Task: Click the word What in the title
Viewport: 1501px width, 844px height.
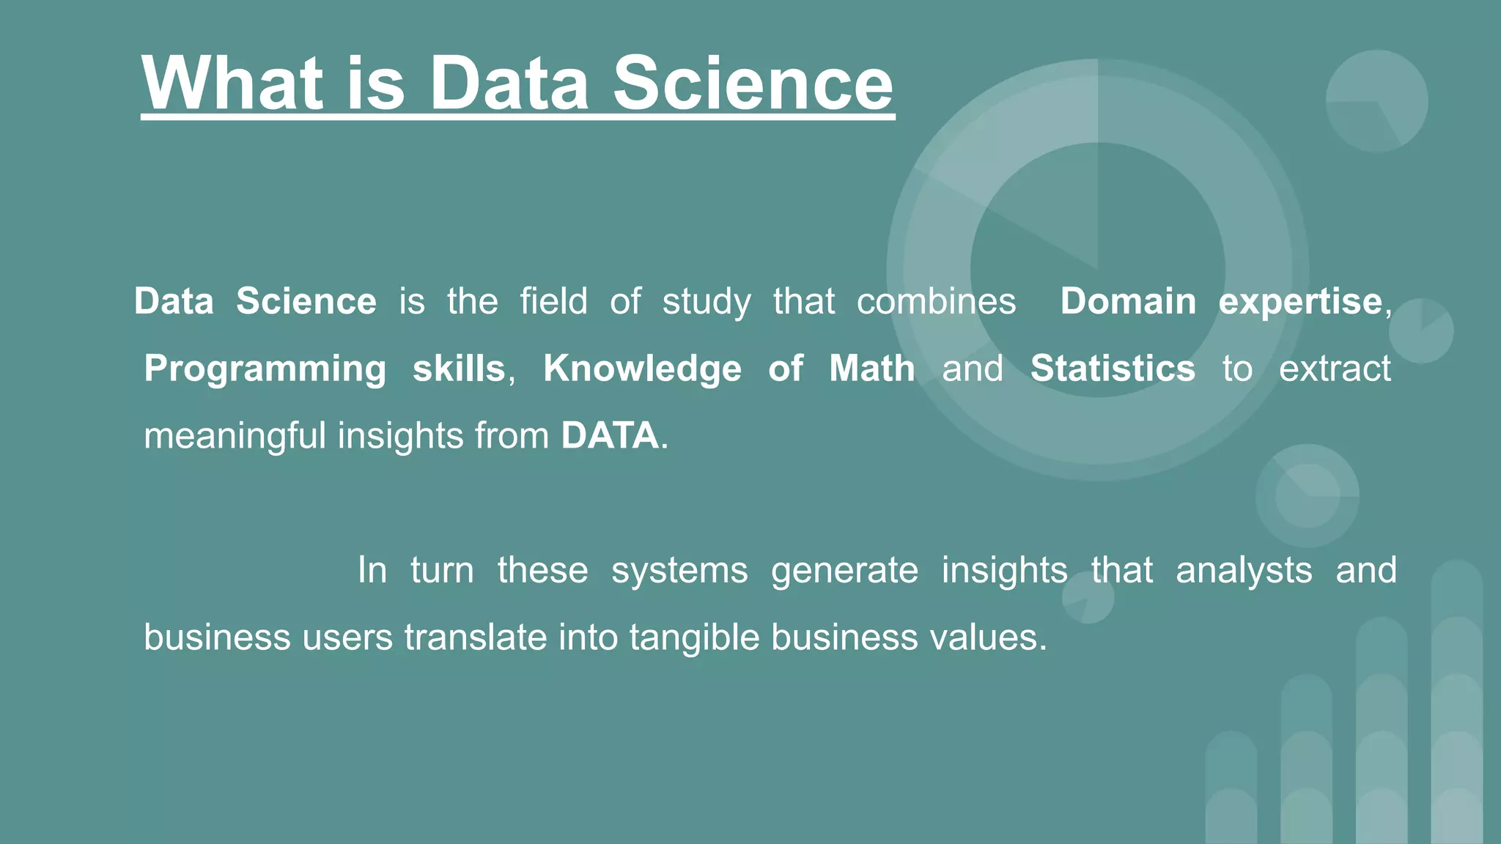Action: (232, 83)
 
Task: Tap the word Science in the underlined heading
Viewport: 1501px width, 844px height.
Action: (753, 83)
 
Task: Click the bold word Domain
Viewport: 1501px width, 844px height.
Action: (1128, 301)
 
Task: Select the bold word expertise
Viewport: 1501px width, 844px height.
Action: (1300, 301)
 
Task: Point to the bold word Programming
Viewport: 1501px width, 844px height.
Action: (265, 369)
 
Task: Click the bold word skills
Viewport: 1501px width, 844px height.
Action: (459, 369)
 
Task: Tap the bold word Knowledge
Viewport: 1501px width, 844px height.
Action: (642, 369)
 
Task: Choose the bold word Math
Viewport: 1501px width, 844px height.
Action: (871, 369)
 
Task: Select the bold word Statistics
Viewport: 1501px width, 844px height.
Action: (1113, 369)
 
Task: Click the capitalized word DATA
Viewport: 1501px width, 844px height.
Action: (610, 436)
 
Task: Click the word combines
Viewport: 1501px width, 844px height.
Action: (936, 301)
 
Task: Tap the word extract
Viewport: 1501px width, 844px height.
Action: (1334, 369)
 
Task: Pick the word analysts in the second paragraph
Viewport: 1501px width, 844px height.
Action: (1244, 570)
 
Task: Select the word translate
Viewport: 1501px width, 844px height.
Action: (476, 637)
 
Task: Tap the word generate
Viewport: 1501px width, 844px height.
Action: (844, 570)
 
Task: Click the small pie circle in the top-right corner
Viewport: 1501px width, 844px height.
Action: (1376, 101)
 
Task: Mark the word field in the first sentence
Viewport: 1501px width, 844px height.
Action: (553, 301)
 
